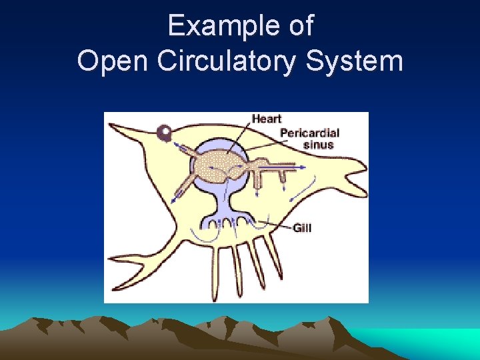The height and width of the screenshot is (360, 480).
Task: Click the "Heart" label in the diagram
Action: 267,119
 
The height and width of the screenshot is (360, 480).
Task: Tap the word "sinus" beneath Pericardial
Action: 318,145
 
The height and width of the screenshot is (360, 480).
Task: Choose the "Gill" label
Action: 302,228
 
